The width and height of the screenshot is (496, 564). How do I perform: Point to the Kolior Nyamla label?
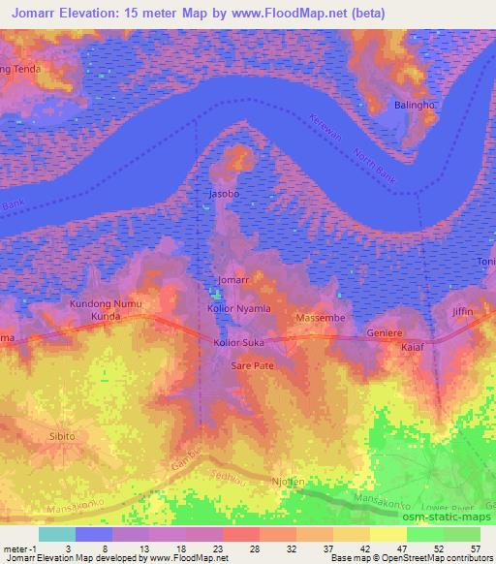[x=239, y=308]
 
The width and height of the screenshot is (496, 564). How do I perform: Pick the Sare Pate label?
[x=251, y=366]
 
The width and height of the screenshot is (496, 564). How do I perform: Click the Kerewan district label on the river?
[x=325, y=133]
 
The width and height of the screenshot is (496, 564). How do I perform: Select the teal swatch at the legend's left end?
[x=57, y=533]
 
